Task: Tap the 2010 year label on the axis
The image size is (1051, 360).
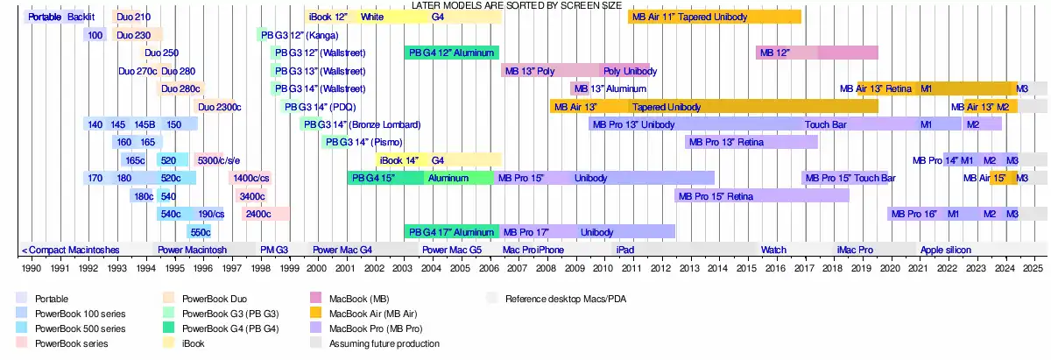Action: pyautogui.click(x=603, y=267)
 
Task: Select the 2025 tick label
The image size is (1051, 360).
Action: pyautogui.click(x=1033, y=267)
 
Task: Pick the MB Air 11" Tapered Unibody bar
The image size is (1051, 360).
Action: pyautogui.click(x=715, y=17)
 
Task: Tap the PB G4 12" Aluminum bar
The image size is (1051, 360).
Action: pyautogui.click(x=452, y=53)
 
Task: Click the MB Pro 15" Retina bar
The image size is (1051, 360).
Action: pyautogui.click(x=762, y=196)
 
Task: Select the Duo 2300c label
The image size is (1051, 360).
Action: pyautogui.click(x=220, y=107)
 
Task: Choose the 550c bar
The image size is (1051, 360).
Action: pyautogui.click(x=199, y=232)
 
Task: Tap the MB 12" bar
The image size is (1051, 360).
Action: pyautogui.click(x=816, y=53)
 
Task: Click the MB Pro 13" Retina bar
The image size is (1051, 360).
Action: pyautogui.click(x=751, y=142)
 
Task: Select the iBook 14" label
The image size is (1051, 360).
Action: pyautogui.click(x=399, y=160)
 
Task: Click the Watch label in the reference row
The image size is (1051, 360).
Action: pyautogui.click(x=773, y=250)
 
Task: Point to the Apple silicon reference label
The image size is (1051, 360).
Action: pyautogui.click(x=946, y=250)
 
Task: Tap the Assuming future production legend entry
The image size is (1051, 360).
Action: pyautogui.click(x=384, y=343)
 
